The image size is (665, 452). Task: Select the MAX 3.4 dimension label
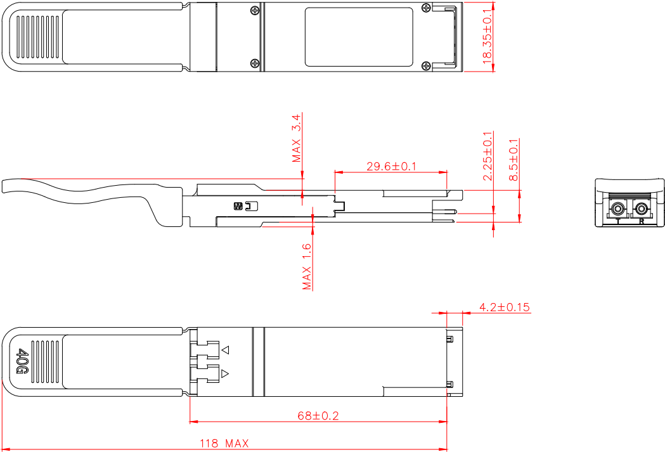tap(297, 138)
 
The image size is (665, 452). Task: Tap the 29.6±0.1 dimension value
tap(391, 166)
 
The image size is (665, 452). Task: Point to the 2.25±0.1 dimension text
tap(488, 156)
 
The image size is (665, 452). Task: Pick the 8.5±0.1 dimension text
tap(513, 159)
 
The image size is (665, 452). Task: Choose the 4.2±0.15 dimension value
tap(505, 307)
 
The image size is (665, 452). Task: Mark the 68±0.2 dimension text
tap(318, 416)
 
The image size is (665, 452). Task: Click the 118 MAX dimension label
tap(224, 444)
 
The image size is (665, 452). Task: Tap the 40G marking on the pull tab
tap(22, 362)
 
